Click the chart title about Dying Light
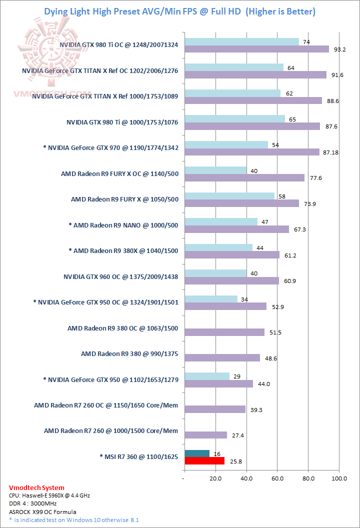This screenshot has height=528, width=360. coord(180,11)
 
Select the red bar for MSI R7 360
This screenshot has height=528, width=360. coord(204,461)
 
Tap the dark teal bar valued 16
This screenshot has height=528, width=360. coord(197,453)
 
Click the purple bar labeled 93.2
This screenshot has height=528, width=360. coord(257,49)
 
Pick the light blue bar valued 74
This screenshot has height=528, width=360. coord(242,41)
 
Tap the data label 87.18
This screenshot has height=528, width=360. coord(331,152)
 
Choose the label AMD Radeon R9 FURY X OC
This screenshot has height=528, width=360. coord(119,174)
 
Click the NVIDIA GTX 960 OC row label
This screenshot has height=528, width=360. coord(121,276)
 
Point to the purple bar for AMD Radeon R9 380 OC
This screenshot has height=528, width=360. coord(224,332)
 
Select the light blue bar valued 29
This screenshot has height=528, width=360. coord(207,376)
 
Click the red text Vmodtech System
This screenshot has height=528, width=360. coord(36,487)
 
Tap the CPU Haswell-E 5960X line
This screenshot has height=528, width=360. coord(49,495)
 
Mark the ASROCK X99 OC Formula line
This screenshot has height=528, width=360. coord(42,511)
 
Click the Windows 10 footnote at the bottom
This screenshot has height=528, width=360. coord(73,519)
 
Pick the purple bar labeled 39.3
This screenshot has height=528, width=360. coord(215,409)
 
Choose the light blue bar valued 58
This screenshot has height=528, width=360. coord(229,195)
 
